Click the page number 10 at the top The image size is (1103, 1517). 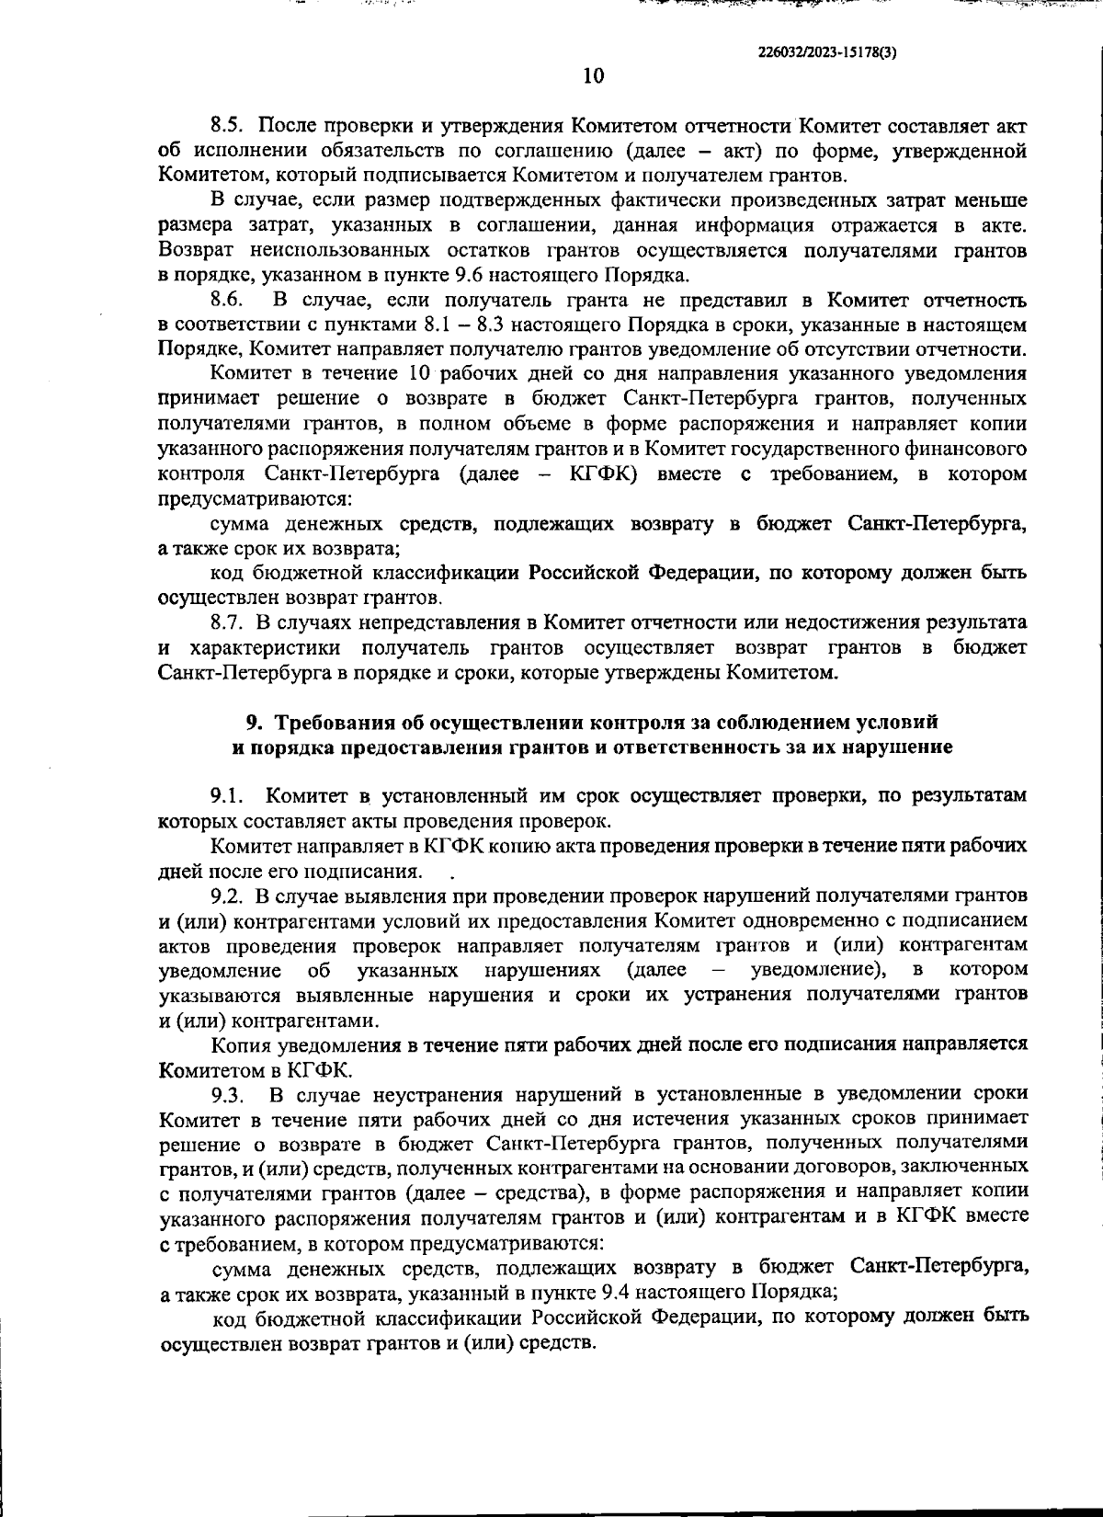(x=593, y=76)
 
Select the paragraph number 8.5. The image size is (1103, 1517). (x=225, y=126)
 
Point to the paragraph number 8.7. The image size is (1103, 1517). (x=225, y=623)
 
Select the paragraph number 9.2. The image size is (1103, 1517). (x=225, y=895)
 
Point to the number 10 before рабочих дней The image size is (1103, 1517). (x=411, y=374)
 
